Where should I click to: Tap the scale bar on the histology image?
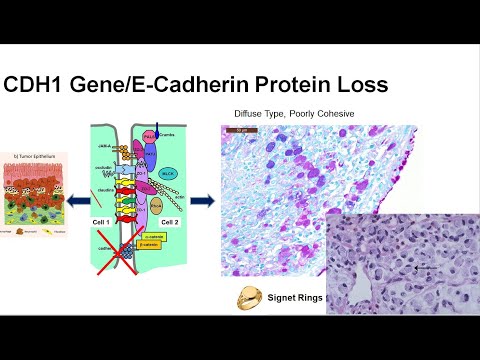pyautogui.click(x=241, y=130)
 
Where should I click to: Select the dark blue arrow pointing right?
pyautogui.click(x=204, y=199)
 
